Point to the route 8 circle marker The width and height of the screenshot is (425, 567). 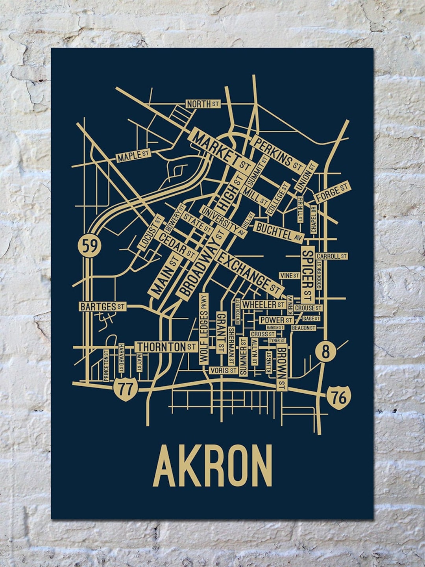point(325,352)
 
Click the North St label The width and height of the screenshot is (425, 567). point(203,104)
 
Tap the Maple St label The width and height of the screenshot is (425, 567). point(134,156)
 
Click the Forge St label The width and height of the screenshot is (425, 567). point(332,192)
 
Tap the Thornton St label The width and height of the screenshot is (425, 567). point(166,347)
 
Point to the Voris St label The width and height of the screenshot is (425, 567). point(223,371)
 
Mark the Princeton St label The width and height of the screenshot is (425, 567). point(106,366)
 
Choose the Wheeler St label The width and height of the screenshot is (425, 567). point(263,304)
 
